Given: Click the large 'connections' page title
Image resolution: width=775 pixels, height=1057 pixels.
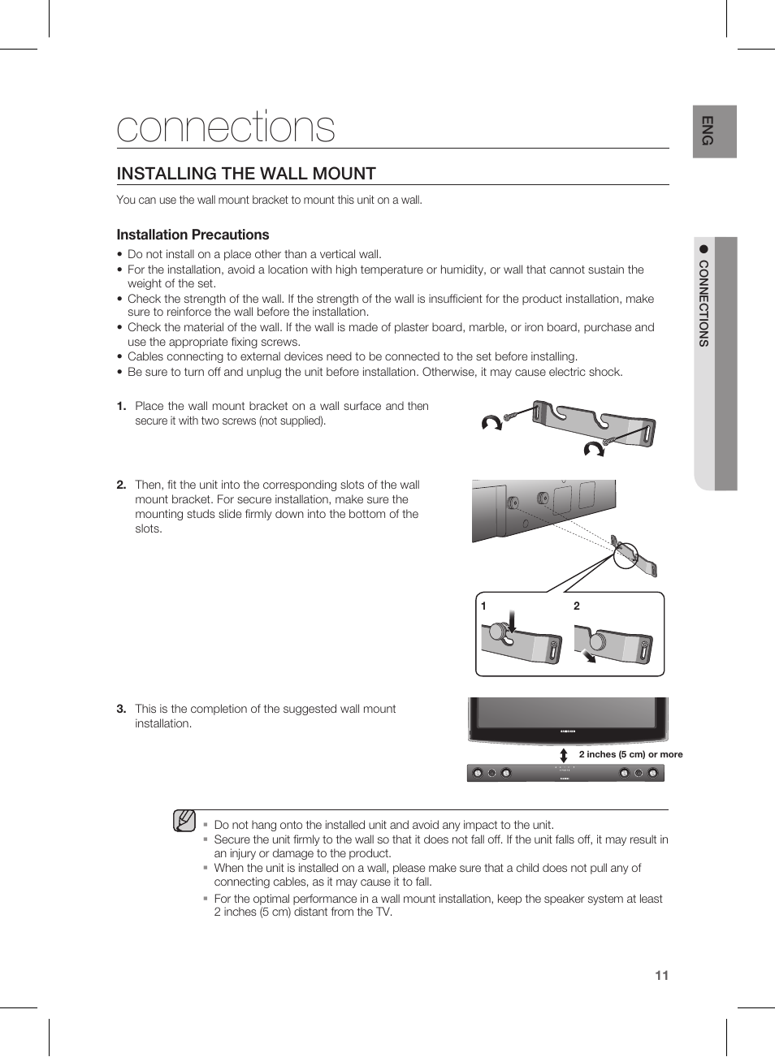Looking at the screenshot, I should (x=226, y=127).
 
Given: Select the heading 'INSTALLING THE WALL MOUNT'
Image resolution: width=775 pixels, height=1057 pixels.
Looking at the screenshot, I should (x=246, y=174).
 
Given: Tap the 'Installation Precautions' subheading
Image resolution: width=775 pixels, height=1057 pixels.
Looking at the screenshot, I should (x=193, y=235).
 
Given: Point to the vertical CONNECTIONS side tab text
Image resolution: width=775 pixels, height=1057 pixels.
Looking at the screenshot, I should (x=704, y=304).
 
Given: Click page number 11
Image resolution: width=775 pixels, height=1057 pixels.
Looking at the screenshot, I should (x=661, y=975).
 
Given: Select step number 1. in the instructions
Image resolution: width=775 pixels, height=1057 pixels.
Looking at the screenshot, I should (x=121, y=406).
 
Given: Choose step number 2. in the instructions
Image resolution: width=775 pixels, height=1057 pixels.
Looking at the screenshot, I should (x=121, y=485).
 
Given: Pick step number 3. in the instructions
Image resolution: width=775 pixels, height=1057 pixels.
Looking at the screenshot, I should (x=121, y=709).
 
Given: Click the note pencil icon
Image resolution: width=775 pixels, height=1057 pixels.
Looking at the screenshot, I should (x=184, y=821).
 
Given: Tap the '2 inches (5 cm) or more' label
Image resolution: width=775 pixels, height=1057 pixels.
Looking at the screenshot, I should (x=630, y=754).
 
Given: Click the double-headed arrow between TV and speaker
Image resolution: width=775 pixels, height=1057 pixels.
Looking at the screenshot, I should (x=564, y=755).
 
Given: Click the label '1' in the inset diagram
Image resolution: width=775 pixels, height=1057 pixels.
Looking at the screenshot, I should (x=483, y=606).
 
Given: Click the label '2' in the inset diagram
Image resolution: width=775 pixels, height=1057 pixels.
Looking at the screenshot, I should (x=577, y=606).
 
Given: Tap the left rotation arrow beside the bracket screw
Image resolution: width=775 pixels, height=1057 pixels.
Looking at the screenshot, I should (x=491, y=422).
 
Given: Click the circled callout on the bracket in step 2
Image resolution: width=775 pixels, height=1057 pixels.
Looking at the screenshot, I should (x=625, y=554).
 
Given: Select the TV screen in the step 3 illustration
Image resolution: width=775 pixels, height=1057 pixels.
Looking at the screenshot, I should (x=567, y=712).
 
